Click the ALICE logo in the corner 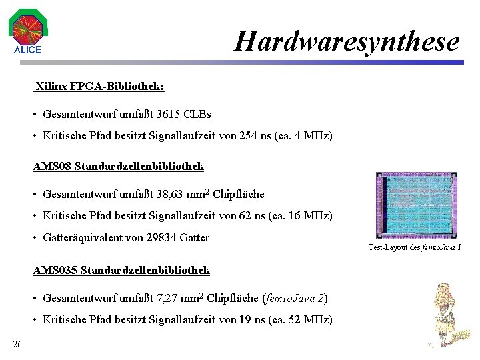27,31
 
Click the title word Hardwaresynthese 347,41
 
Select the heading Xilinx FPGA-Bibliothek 99,86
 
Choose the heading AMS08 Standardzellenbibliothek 119,165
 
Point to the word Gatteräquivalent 85,237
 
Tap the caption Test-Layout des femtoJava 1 415,247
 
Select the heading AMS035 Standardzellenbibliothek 121,270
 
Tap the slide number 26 17,344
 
